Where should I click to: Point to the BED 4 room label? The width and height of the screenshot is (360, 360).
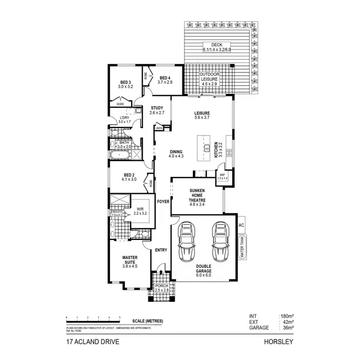click(165, 80)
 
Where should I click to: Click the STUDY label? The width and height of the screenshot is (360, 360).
click(157, 110)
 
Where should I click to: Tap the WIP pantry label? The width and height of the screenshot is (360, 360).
click(222, 176)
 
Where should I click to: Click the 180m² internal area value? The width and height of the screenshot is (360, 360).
click(287, 316)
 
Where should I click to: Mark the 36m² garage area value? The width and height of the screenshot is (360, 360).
click(288, 328)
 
